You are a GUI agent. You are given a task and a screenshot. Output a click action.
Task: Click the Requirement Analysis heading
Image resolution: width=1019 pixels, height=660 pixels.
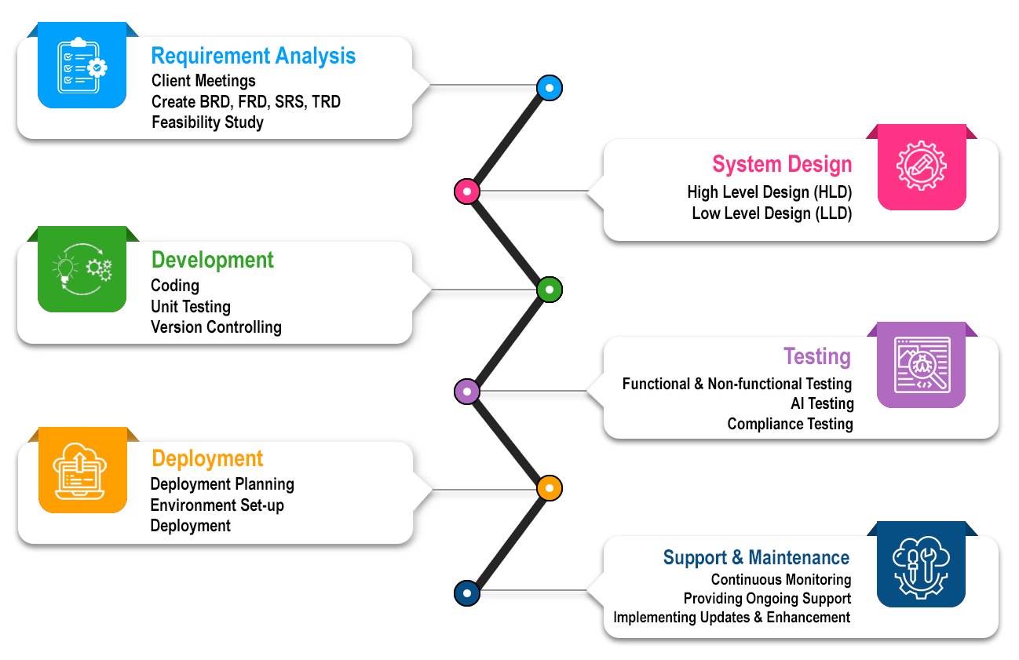point(253,57)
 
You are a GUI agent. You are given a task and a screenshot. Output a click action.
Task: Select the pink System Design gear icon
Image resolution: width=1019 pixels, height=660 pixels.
point(921,166)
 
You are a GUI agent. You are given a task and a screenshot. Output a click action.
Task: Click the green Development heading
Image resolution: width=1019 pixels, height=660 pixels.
point(212,260)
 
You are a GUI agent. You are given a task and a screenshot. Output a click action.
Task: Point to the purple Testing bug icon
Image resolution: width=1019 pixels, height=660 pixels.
point(921,364)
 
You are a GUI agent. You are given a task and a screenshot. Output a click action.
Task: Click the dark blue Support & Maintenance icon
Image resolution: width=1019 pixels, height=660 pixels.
point(921,563)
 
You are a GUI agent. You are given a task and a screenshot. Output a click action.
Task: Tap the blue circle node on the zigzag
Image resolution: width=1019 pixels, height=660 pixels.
point(550,87)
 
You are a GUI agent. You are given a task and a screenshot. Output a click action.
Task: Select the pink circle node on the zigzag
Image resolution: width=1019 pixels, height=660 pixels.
point(467,191)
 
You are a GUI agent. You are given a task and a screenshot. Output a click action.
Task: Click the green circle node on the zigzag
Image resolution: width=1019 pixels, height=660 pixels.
point(550,290)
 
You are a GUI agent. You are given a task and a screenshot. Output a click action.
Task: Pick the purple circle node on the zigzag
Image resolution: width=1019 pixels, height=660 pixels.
point(467,391)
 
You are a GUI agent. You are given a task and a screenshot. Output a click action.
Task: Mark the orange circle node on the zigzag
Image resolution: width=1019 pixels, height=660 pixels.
point(550,488)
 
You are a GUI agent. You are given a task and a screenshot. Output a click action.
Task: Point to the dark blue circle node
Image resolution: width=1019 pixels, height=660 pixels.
point(467,593)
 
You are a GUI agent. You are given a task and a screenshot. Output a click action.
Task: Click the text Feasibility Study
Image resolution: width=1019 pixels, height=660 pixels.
point(207,122)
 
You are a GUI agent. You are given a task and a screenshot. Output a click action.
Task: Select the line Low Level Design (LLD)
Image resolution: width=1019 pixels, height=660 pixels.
point(771,213)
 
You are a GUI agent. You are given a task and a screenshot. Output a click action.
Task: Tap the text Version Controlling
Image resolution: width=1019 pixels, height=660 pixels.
point(216,327)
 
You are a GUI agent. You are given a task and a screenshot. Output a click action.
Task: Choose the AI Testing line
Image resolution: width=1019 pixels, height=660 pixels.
point(822,404)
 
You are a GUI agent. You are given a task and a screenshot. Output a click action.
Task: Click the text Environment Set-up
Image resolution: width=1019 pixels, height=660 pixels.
point(217,505)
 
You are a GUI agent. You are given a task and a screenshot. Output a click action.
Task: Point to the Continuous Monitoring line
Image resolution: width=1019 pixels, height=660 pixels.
point(780,580)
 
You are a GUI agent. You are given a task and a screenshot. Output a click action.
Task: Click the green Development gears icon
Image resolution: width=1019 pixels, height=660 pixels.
point(82,269)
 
